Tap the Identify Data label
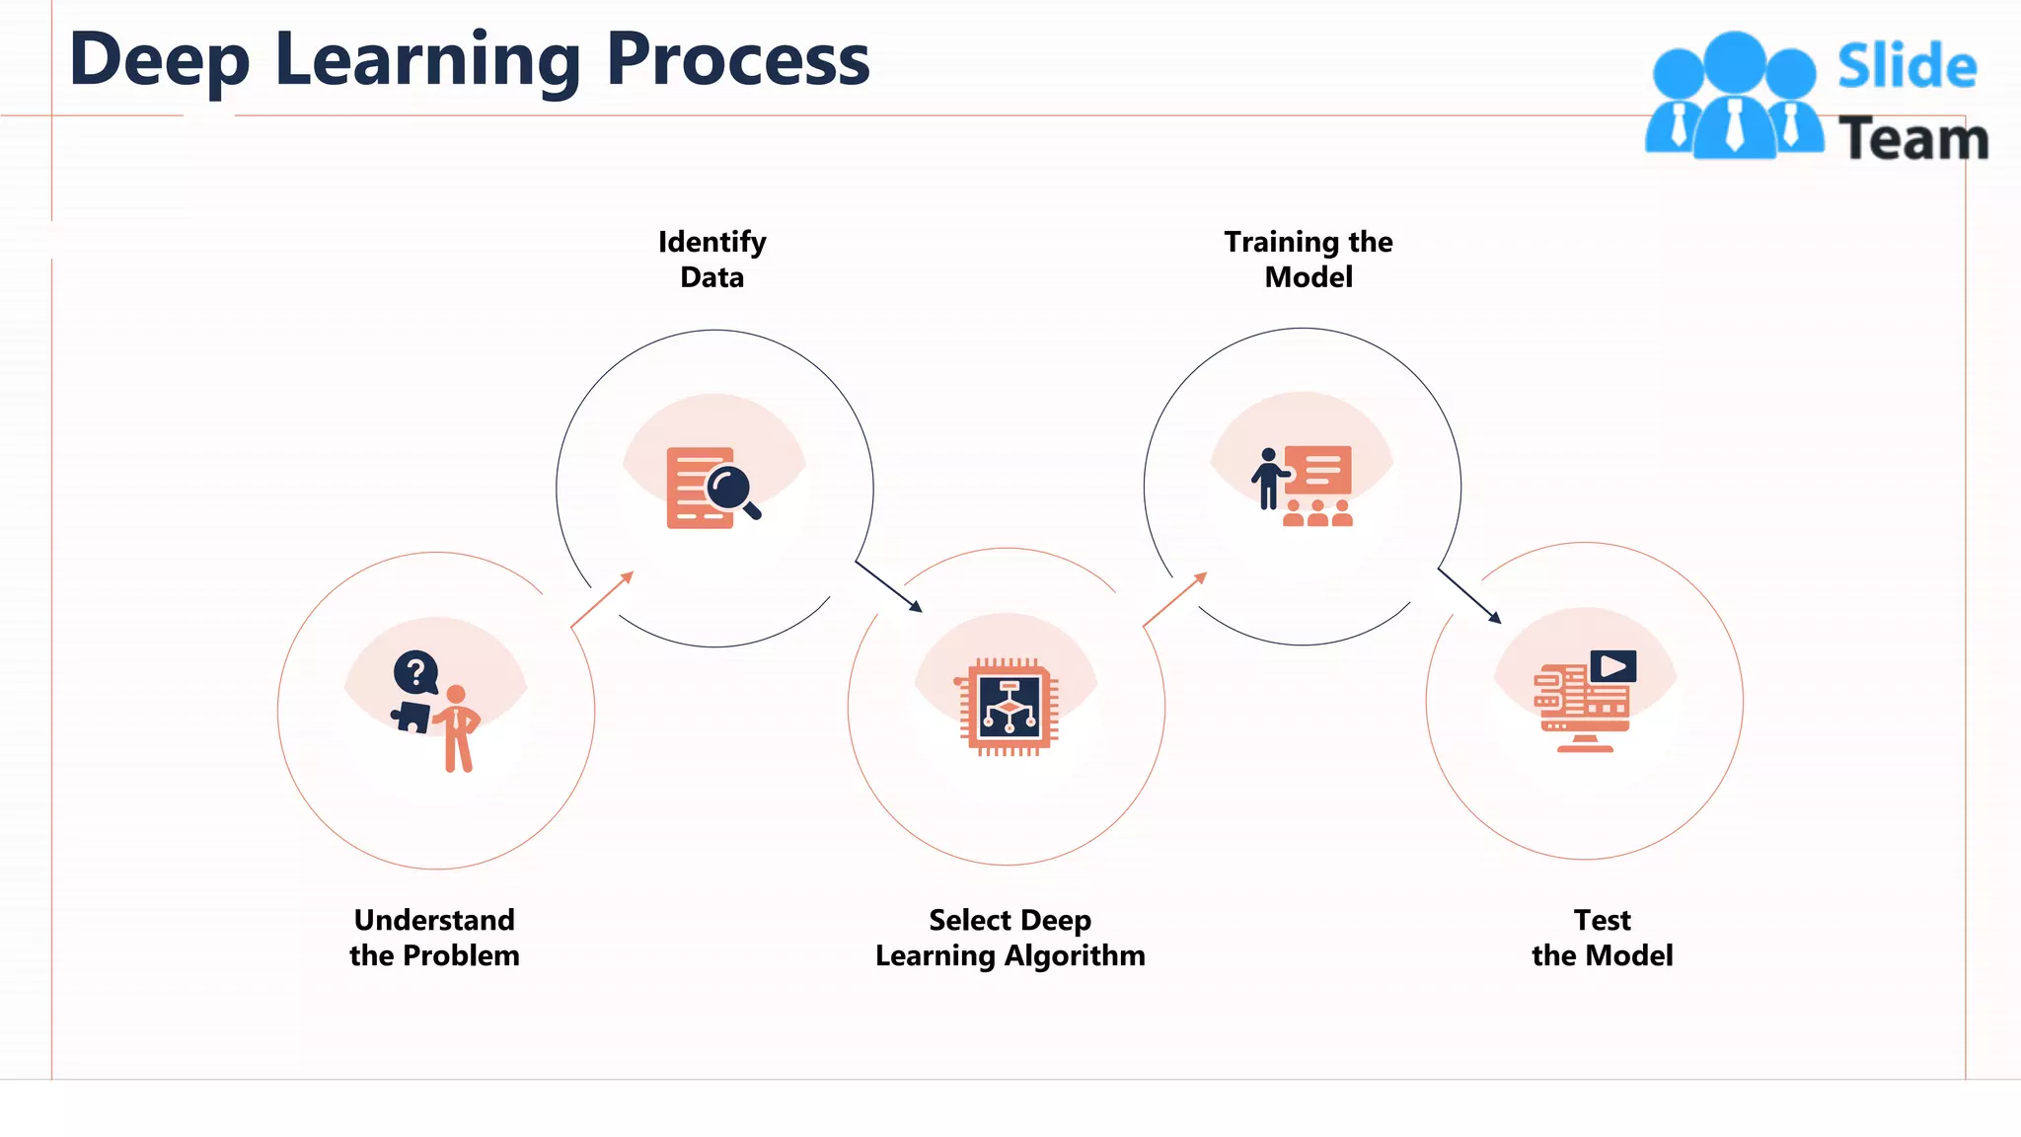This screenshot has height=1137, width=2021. (x=711, y=260)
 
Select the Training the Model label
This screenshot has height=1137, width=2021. (x=1309, y=260)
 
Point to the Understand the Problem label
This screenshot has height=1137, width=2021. (x=434, y=938)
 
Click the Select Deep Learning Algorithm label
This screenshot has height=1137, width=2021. (x=1010, y=938)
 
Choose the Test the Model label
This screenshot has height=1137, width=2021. (x=1602, y=938)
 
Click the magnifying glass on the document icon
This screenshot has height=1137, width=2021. (x=731, y=489)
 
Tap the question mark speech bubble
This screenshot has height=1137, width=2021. (x=415, y=673)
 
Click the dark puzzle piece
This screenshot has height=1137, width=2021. (x=412, y=717)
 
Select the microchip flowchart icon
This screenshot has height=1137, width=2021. (x=1009, y=707)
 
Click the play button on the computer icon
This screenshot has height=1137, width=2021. (x=1613, y=666)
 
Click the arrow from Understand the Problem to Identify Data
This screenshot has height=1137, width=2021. (x=602, y=599)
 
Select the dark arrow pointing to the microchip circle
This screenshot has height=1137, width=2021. (x=888, y=587)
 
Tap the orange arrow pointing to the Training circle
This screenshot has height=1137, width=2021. (x=1174, y=599)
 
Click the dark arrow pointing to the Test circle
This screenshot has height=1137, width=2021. (x=1469, y=595)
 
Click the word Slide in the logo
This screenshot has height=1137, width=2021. (x=1907, y=67)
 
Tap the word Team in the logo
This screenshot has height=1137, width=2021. (x=1912, y=139)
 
